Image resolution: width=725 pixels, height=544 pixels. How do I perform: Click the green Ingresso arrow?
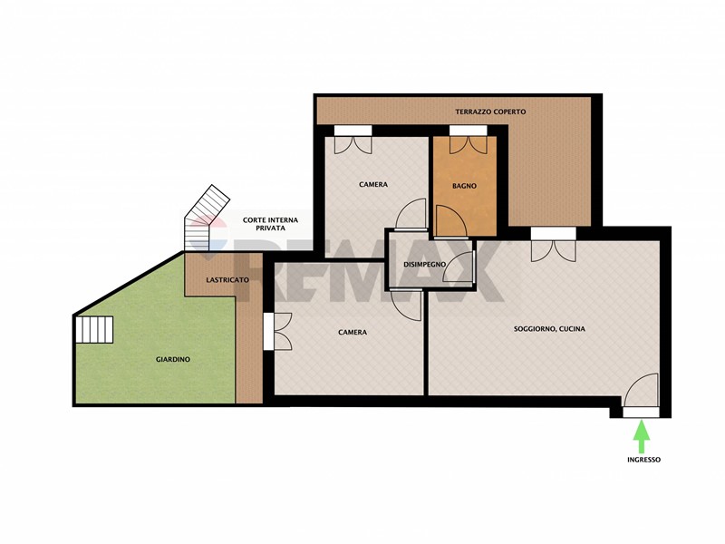pos(642,436)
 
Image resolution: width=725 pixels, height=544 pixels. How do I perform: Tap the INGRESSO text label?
pos(643,460)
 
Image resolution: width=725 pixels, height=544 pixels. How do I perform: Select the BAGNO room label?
pos(464,186)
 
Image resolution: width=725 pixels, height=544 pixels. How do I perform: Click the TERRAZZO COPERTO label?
pos(490,112)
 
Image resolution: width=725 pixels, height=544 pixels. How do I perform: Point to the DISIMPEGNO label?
pos(424,265)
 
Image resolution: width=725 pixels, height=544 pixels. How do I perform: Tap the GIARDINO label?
pos(173,359)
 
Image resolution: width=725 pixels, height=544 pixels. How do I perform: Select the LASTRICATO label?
pos(227,280)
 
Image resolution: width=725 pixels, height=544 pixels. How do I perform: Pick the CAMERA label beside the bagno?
pos(373,184)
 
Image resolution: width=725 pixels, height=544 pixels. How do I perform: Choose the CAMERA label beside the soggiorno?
pos(353,332)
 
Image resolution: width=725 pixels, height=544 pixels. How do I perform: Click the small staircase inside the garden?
pos(95,329)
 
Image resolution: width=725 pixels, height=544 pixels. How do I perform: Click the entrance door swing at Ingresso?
pos(641,391)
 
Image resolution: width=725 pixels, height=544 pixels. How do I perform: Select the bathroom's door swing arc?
pos(449,220)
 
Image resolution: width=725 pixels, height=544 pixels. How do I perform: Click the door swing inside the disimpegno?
pos(459,267)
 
